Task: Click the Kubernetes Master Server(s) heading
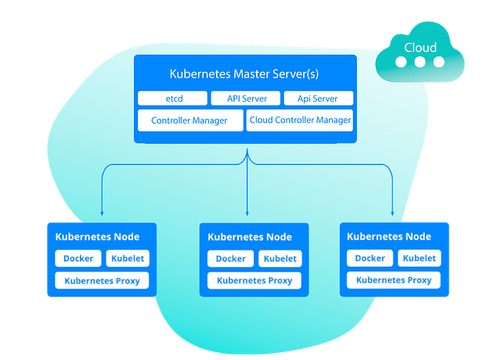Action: tap(245, 74)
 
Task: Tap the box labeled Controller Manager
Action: tap(189, 121)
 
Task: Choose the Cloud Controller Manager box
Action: tap(300, 121)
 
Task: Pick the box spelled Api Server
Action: tap(319, 99)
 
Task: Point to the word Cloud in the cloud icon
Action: tap(420, 49)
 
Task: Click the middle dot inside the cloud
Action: tap(421, 63)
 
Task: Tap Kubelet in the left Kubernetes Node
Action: tap(127, 259)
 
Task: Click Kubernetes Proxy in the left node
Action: tap(102, 280)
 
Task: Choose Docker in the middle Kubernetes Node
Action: tap(231, 259)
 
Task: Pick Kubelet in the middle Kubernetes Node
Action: tap(279, 259)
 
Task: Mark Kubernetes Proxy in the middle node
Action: tap(254, 280)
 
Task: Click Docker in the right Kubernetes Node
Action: tap(370, 258)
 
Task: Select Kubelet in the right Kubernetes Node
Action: tap(419, 258)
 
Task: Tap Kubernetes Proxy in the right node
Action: tap(394, 279)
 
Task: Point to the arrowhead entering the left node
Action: tap(102, 213)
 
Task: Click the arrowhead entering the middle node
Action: tap(247, 213)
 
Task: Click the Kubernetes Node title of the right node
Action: tap(389, 236)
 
